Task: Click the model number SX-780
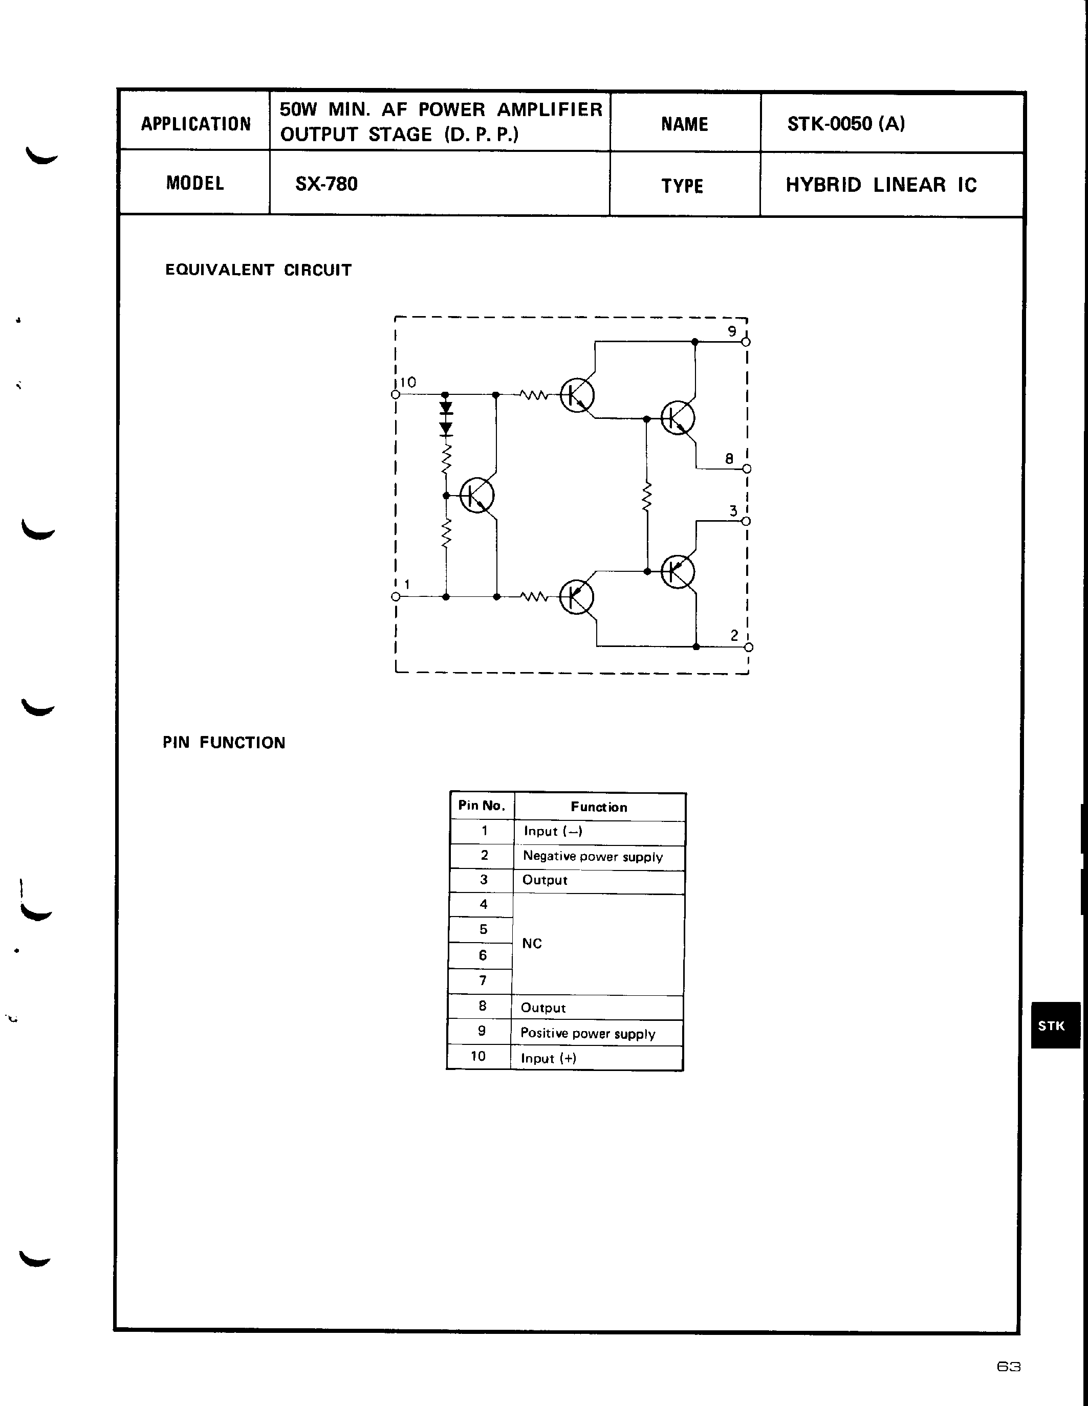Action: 326,184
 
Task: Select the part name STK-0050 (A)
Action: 846,124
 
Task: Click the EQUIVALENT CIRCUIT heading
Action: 258,270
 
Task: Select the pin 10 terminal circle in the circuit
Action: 395,395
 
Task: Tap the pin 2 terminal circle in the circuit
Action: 749,647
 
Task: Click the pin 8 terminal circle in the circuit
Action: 747,468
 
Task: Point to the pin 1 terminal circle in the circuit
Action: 396,597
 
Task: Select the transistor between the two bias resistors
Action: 476,495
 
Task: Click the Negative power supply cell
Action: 593,856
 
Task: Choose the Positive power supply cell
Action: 587,1033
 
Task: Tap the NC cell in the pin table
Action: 532,943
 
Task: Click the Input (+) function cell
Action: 549,1058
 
